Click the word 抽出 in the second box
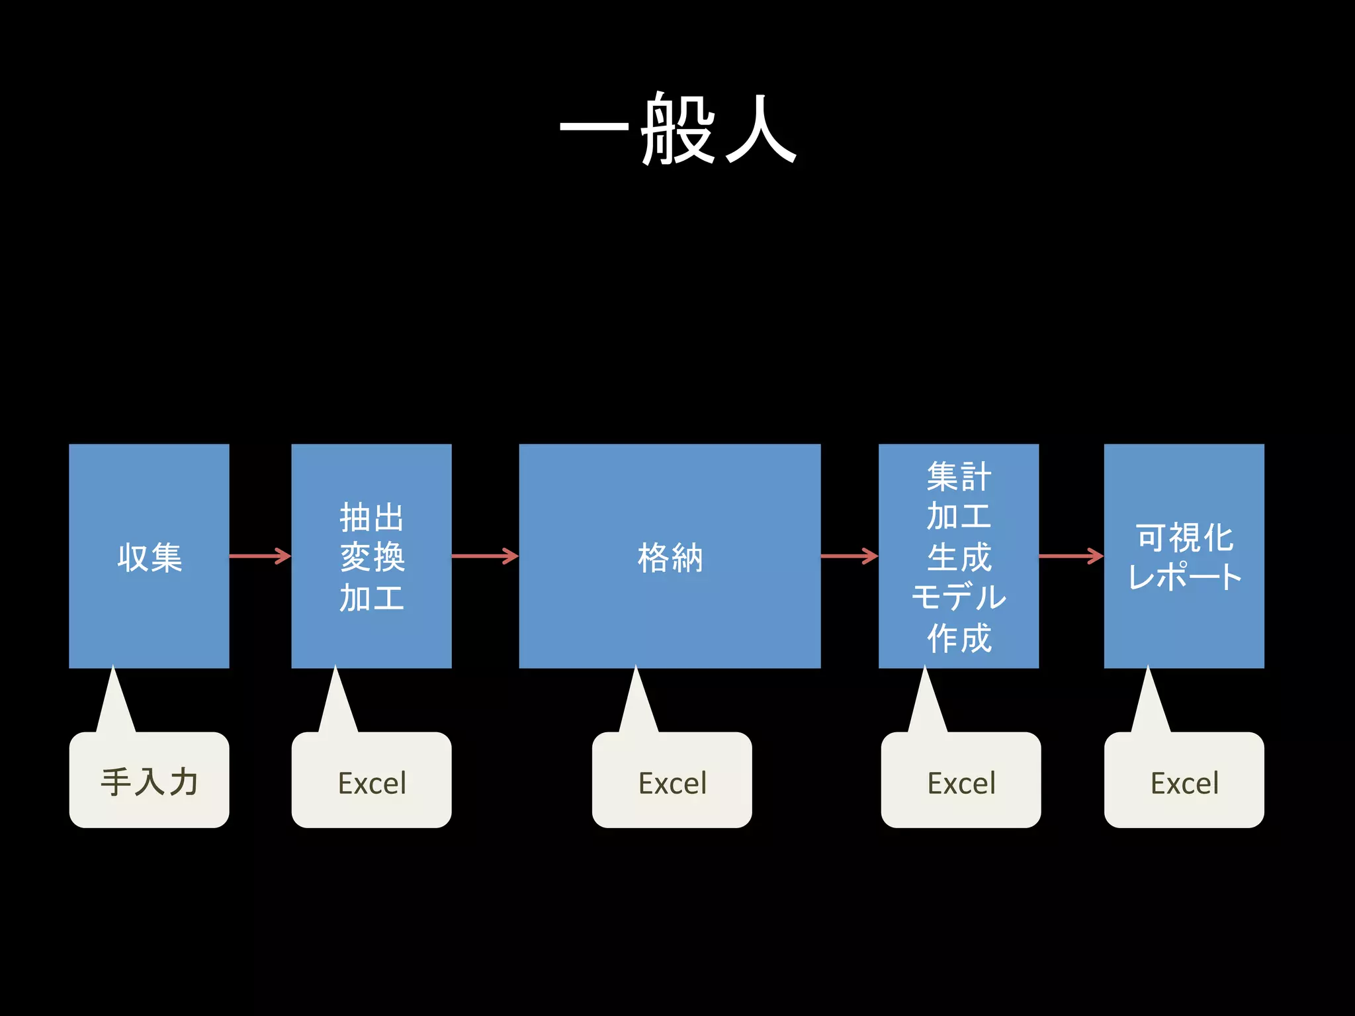371,517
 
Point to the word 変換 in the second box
371,556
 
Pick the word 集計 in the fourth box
959,476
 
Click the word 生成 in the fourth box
959,557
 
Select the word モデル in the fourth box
959,597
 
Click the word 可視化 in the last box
1184,536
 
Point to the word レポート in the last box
1184,576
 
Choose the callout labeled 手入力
149,781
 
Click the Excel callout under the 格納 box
672,781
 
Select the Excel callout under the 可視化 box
1184,781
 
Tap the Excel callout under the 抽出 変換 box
371,781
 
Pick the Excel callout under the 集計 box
961,781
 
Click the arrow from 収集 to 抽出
260,556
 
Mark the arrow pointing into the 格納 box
485,556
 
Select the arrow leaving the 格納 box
850,556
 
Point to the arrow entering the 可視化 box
1071,556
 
